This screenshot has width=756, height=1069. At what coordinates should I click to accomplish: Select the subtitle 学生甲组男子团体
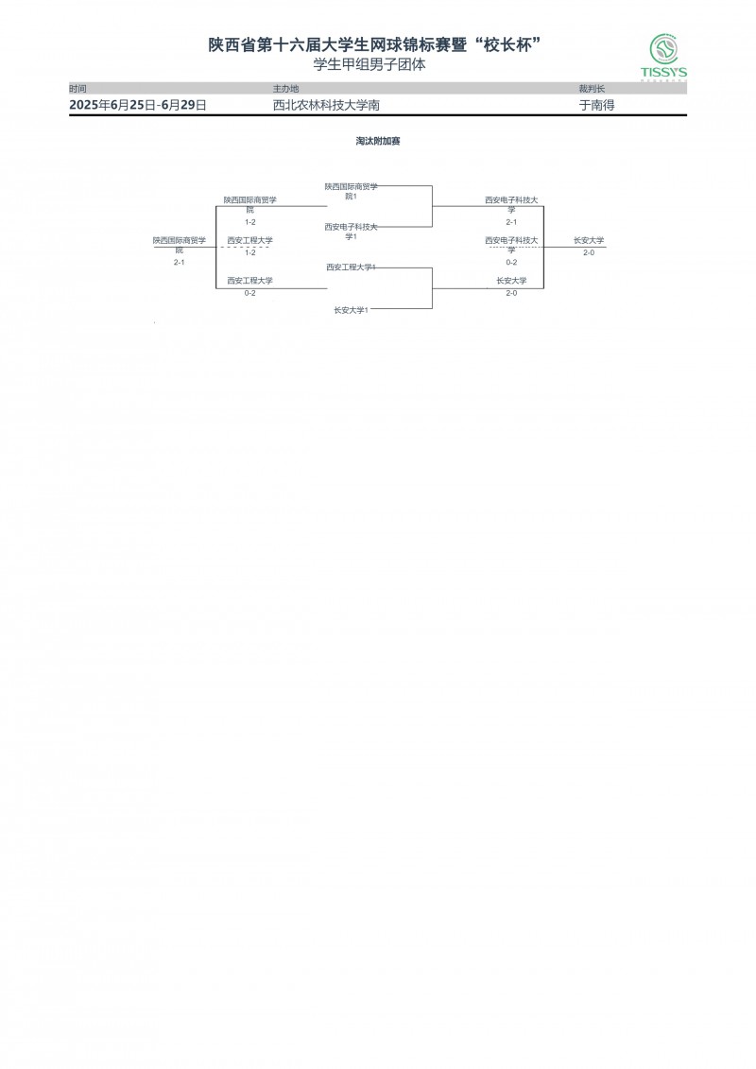coord(369,65)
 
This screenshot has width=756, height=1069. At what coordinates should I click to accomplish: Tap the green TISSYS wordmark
coord(663,72)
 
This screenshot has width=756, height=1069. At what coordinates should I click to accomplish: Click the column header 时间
coord(77,88)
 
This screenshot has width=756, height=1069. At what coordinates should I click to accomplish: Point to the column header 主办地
coord(285,88)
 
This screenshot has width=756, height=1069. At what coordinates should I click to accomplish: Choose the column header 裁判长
coord(592,88)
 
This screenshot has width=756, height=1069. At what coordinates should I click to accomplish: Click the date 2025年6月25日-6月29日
coord(138,106)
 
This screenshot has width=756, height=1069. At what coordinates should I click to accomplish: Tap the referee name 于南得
coord(596,106)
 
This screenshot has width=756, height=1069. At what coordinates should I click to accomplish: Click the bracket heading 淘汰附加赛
coord(378,141)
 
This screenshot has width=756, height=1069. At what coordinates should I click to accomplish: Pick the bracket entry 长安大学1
coord(351,310)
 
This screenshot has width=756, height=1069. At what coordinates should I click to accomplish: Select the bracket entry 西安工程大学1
coord(351,267)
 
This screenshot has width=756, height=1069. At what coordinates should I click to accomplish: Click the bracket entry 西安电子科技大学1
coord(351,232)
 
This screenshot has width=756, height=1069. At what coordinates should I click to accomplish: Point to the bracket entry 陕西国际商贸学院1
coord(351,191)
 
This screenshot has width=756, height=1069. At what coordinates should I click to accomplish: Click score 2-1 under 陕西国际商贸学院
coord(179,262)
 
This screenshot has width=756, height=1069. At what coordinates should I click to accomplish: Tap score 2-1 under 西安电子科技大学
coord(511,221)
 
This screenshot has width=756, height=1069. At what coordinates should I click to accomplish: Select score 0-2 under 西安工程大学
coord(249,293)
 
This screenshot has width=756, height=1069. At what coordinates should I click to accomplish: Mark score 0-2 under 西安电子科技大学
coord(511,262)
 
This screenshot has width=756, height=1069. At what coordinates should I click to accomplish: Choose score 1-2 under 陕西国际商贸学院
coord(249,221)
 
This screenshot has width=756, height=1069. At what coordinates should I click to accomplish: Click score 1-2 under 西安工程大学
coord(249,252)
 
